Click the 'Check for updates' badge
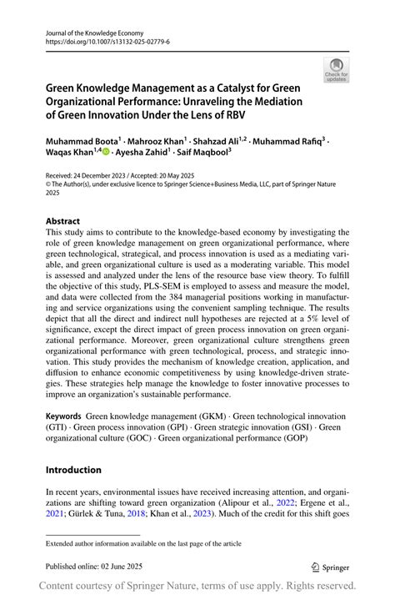pyautogui.click(x=337, y=70)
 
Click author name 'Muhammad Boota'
pyautogui.click(x=85, y=143)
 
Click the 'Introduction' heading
pyautogui.click(x=73, y=469)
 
